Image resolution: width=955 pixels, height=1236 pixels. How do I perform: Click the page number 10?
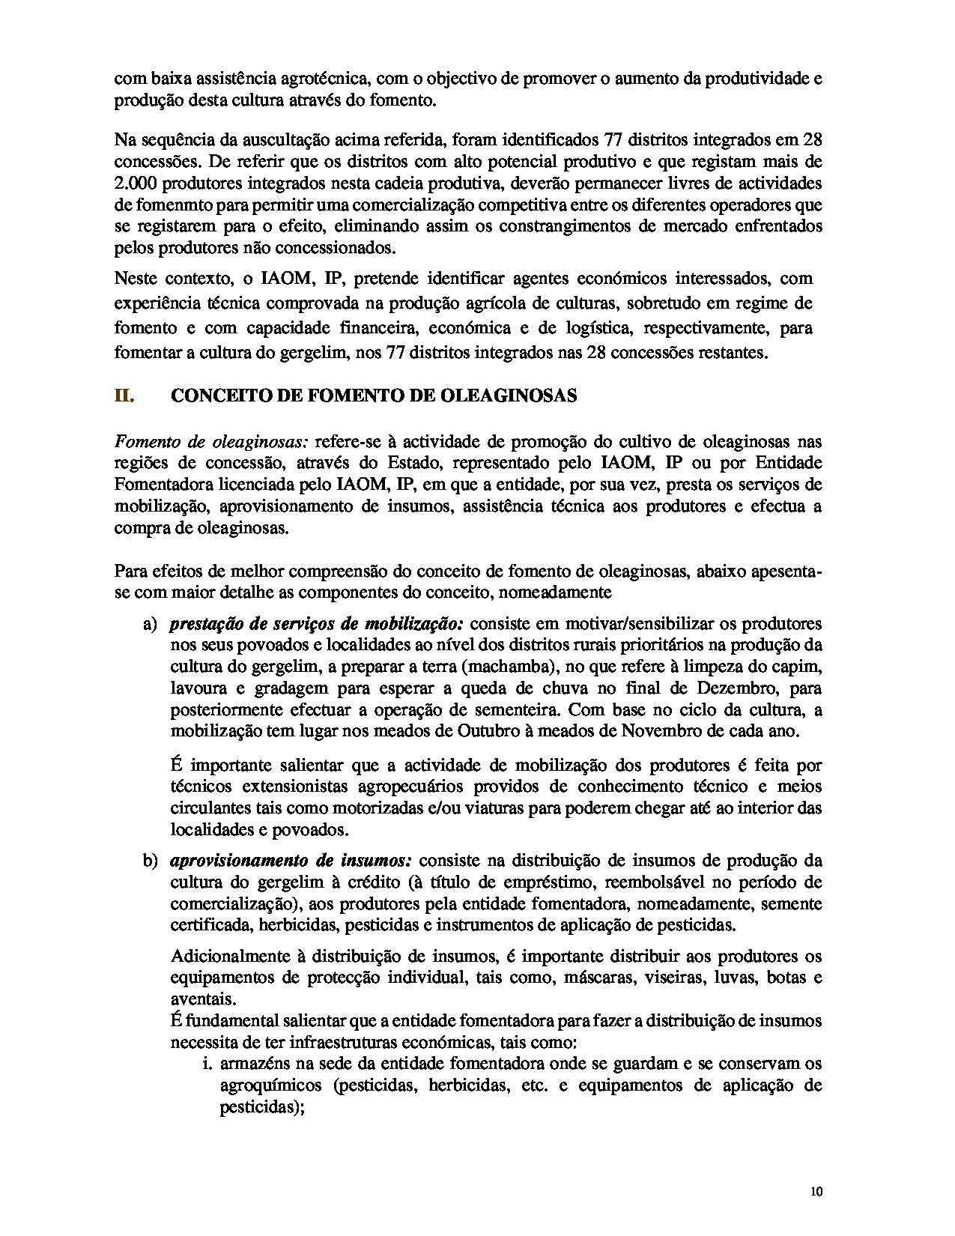(x=816, y=1193)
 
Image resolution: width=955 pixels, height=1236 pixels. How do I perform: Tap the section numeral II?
(x=124, y=396)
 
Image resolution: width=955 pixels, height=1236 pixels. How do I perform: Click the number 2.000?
(x=135, y=183)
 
